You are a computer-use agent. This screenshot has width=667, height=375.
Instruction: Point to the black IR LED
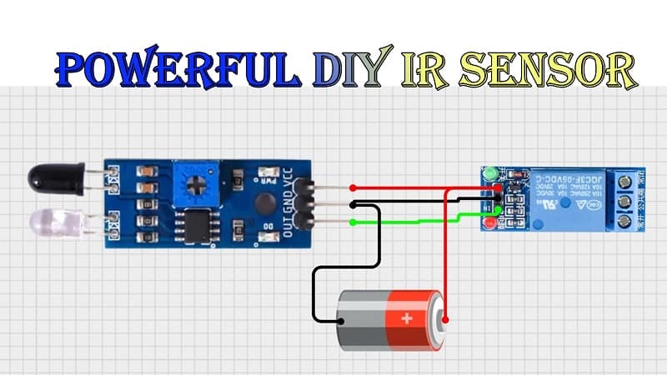[54, 177]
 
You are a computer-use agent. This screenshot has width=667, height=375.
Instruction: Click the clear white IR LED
[55, 222]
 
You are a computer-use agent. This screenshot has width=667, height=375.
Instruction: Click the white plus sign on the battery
[407, 317]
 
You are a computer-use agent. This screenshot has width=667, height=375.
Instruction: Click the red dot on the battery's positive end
[445, 319]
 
